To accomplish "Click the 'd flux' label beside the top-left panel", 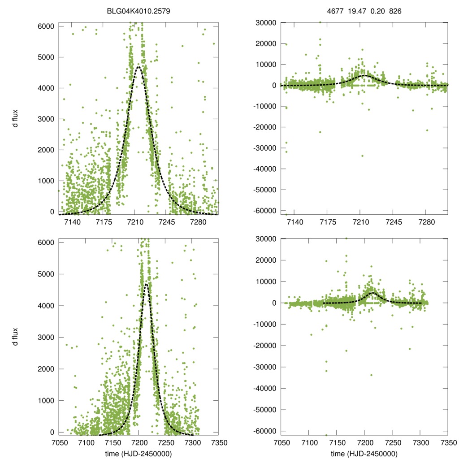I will pyautogui.click(x=15, y=119).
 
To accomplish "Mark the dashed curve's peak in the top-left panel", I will pyautogui.click(x=139, y=66).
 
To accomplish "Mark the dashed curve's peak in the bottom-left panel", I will pyautogui.click(x=146, y=284).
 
